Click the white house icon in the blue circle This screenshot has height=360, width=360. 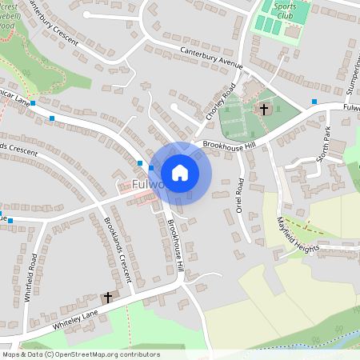click(180, 172)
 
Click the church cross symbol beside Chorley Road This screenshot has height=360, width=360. click(262, 109)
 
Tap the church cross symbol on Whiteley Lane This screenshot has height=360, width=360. click(108, 297)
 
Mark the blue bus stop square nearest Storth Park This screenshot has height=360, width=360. click(314, 102)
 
